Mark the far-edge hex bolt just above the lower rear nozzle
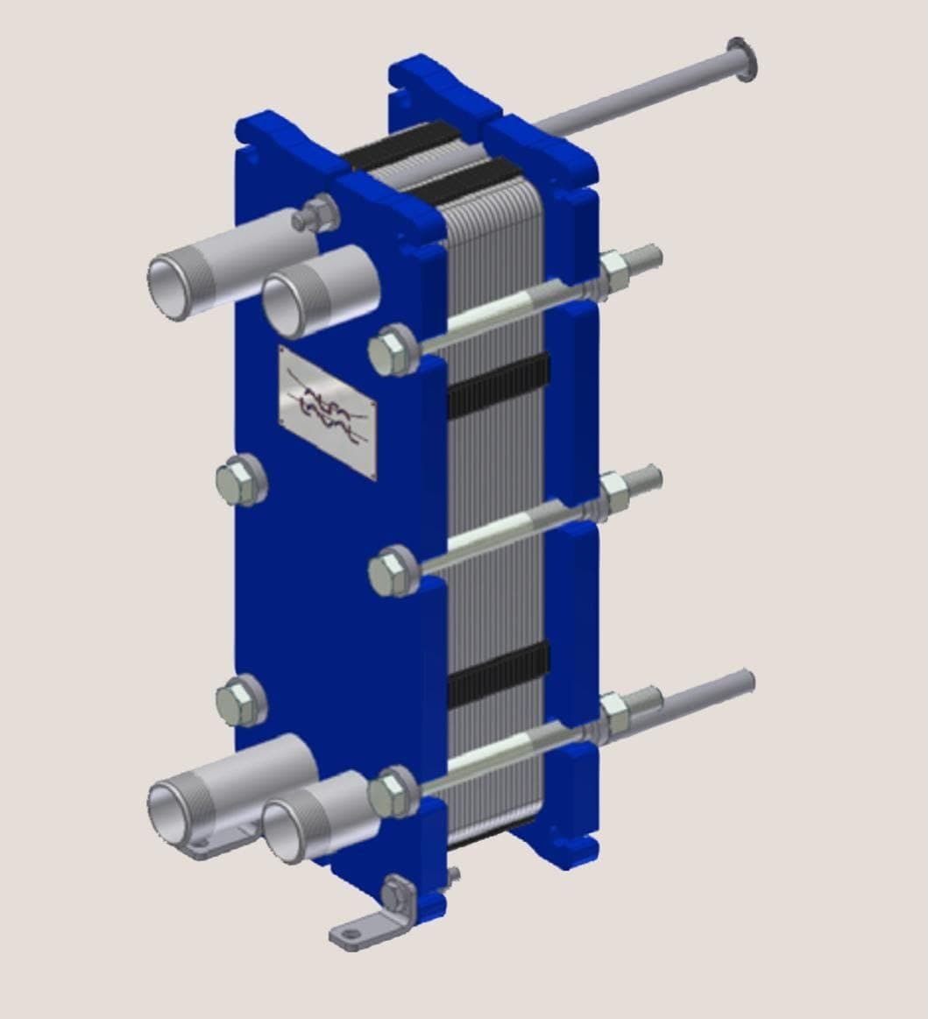241,700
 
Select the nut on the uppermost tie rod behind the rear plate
614,266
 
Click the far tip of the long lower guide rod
747,679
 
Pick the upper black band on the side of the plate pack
499,385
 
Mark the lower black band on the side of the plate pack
499,676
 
